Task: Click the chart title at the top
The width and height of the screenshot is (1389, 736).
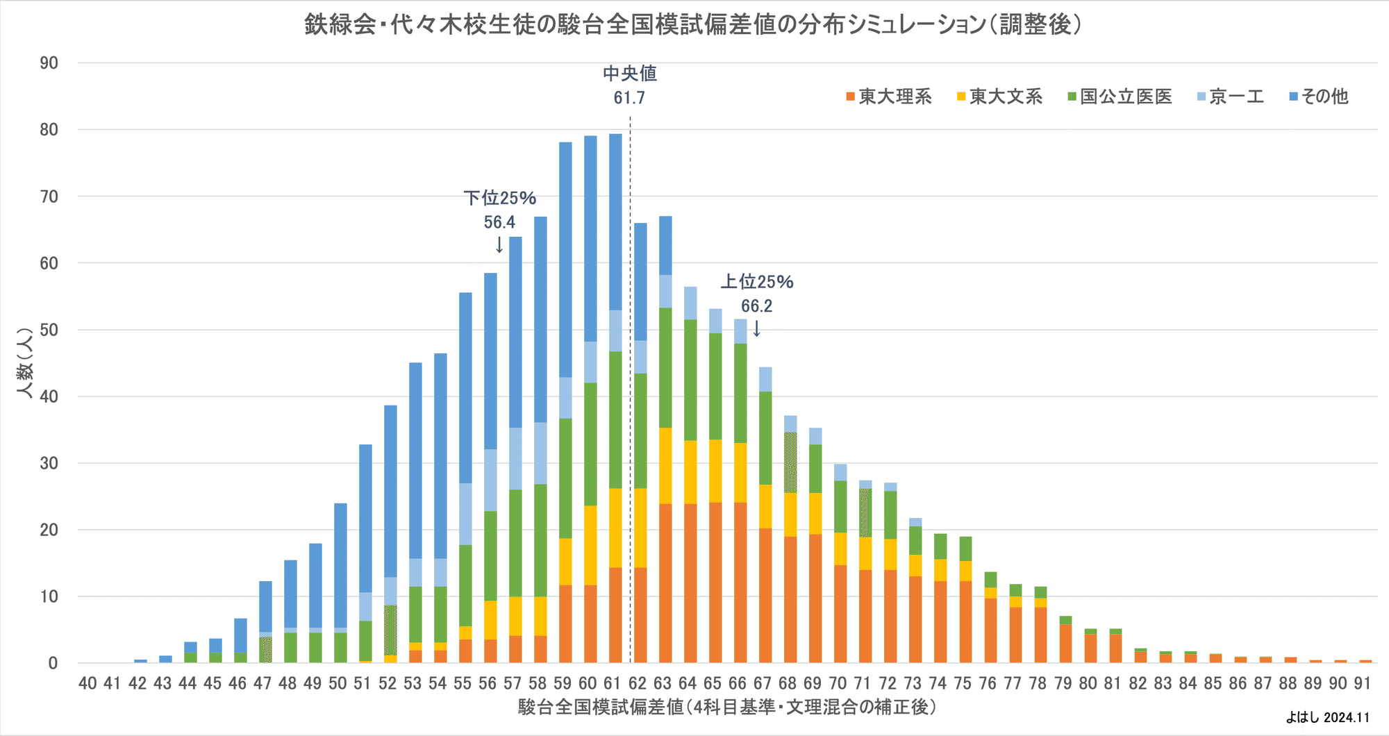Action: [x=693, y=25]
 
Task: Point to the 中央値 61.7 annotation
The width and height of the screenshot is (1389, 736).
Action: [x=629, y=85]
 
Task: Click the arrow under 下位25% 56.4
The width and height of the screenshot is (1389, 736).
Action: [x=499, y=245]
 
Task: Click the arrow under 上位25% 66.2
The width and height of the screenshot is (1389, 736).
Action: [x=756, y=328]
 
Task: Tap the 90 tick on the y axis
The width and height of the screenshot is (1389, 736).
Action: [x=49, y=63]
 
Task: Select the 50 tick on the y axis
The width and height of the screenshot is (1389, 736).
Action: [x=49, y=330]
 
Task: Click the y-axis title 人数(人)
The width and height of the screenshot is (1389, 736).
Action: [x=25, y=362]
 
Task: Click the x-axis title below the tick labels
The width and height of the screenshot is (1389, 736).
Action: [x=726, y=708]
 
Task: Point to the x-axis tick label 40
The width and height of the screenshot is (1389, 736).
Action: [x=88, y=683]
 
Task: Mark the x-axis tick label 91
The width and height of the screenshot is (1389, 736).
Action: [x=1363, y=683]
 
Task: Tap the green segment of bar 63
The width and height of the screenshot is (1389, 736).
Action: [x=665, y=368]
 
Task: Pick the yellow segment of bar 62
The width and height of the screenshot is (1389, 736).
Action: [x=640, y=528]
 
